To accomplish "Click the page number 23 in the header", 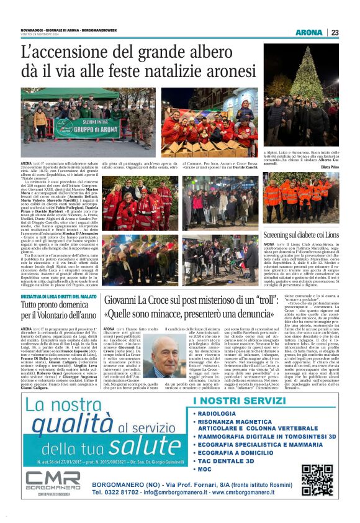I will tap(335, 32).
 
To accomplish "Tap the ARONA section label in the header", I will tap(308, 32).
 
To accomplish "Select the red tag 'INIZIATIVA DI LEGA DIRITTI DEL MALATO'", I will tap(59, 297).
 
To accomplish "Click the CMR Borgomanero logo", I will tap(53, 483).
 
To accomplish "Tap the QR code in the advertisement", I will tap(317, 479).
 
